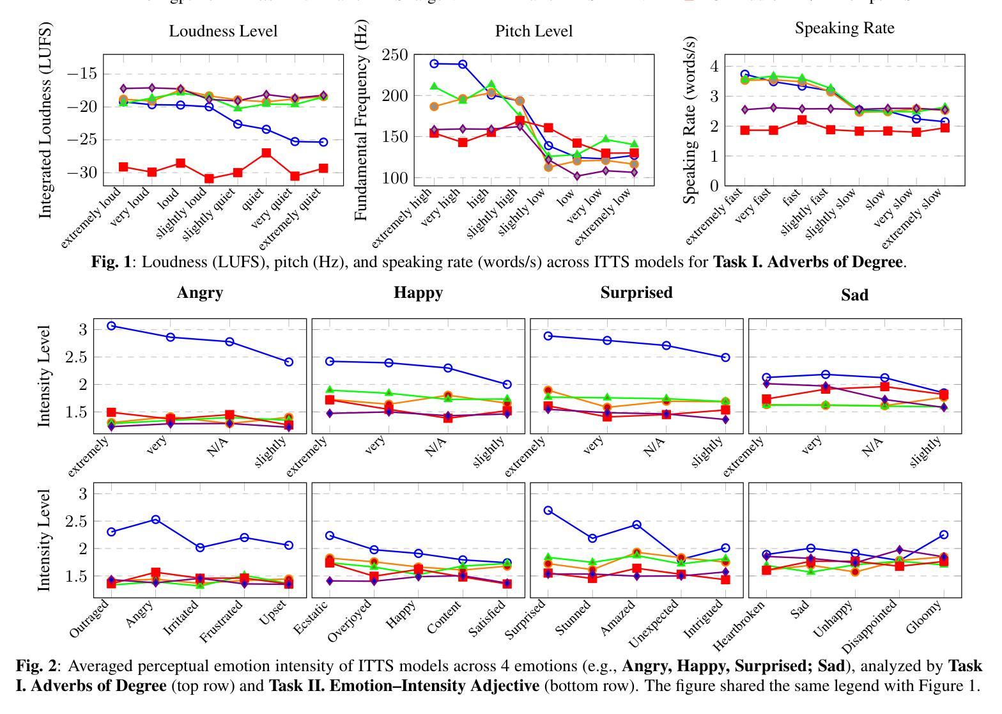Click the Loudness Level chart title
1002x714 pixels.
tap(223, 31)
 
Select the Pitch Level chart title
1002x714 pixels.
tap(534, 31)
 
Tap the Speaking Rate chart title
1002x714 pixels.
tap(844, 28)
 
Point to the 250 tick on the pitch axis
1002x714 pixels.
tap(394, 55)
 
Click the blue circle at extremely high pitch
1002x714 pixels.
tap(434, 63)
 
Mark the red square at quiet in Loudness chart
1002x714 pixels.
tap(266, 153)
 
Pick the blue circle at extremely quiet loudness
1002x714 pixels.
tap(323, 142)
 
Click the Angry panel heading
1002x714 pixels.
tap(200, 293)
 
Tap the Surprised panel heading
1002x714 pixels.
tap(636, 293)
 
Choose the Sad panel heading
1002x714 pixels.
tap(854, 294)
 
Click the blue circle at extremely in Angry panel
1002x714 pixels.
tap(111, 326)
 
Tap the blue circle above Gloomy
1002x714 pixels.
tap(943, 534)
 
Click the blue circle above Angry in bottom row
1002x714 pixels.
tap(155, 520)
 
